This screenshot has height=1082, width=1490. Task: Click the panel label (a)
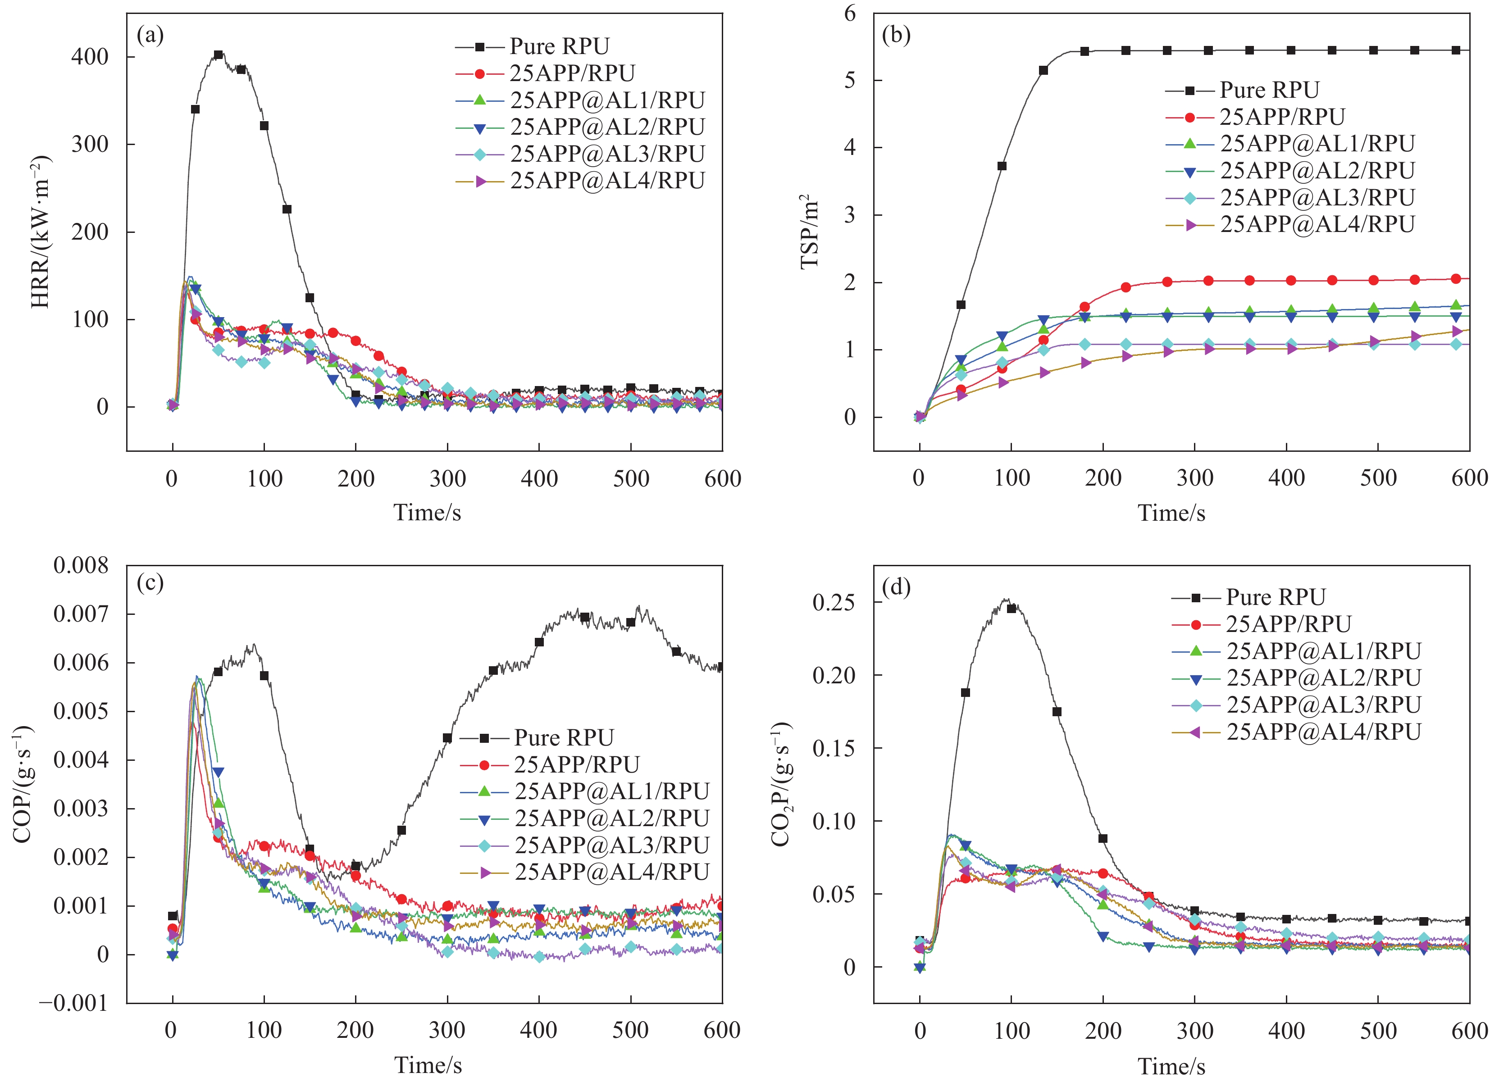150,35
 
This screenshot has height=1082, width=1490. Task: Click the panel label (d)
896,586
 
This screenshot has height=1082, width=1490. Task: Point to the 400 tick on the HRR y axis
90,57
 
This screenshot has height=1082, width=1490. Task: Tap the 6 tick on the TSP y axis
850,13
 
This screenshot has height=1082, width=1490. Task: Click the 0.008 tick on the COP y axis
81,565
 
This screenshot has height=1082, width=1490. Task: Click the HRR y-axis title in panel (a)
41,232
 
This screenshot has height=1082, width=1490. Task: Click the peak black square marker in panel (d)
1012,608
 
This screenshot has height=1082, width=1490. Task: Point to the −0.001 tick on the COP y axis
73,1004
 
